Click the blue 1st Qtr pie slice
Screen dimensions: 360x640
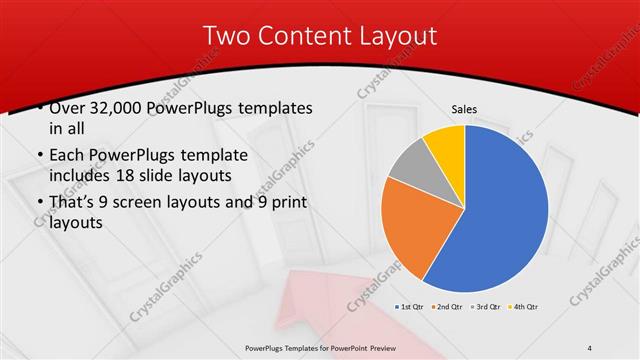coord(505,205)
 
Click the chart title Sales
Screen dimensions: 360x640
coord(464,109)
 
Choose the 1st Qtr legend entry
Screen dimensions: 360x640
coord(411,305)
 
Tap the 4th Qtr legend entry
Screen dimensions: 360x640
coord(523,305)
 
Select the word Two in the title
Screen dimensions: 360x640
coord(225,35)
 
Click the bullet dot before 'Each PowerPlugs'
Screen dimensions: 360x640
coord(38,156)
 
